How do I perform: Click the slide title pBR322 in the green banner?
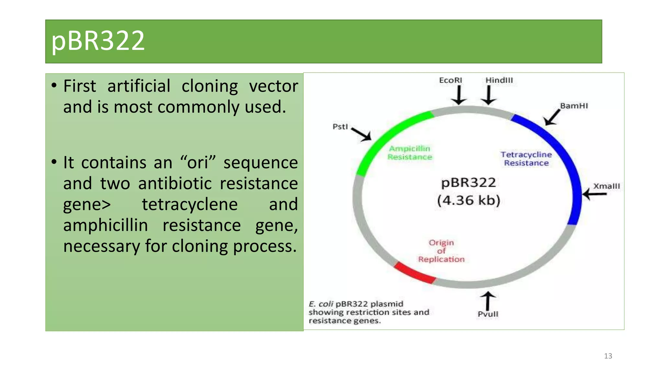click(x=98, y=41)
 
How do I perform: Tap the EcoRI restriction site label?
click(x=450, y=80)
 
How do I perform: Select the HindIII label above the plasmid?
click(x=499, y=80)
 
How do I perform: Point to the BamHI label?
click(x=574, y=106)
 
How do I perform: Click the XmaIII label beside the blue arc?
click(x=606, y=186)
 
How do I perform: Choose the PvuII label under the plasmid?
click(x=488, y=314)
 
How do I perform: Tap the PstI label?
click(x=340, y=127)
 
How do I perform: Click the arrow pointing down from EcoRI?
click(x=459, y=95)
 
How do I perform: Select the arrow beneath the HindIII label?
click(x=489, y=95)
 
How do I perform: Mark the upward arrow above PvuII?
click(x=488, y=301)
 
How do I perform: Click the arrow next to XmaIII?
click(x=595, y=194)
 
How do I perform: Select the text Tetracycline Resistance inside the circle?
click(x=526, y=159)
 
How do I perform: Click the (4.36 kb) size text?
click(x=468, y=200)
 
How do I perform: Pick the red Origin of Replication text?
click(x=441, y=251)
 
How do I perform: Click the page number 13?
click(x=608, y=356)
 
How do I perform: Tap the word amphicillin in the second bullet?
click(x=106, y=225)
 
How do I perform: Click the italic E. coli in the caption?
click(x=320, y=304)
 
